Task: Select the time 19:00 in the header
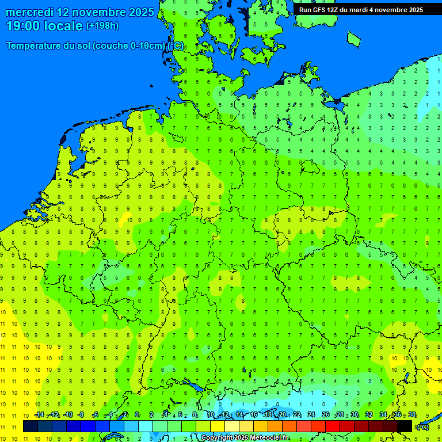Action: tap(24, 26)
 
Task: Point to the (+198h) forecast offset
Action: tap(102, 26)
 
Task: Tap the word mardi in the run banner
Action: tap(365, 10)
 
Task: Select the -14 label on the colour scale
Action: tap(39, 415)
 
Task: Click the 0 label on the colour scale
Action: tap(137, 415)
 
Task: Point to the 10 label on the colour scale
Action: tap(211, 415)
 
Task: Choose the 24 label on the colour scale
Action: tap(311, 415)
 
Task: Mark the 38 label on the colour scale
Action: tap(412, 415)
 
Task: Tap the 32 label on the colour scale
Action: tap(369, 415)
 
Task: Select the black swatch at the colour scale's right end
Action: tap(405, 426)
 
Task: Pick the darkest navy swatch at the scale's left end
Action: tap(31, 426)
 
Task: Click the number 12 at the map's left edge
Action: tap(3, 335)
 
